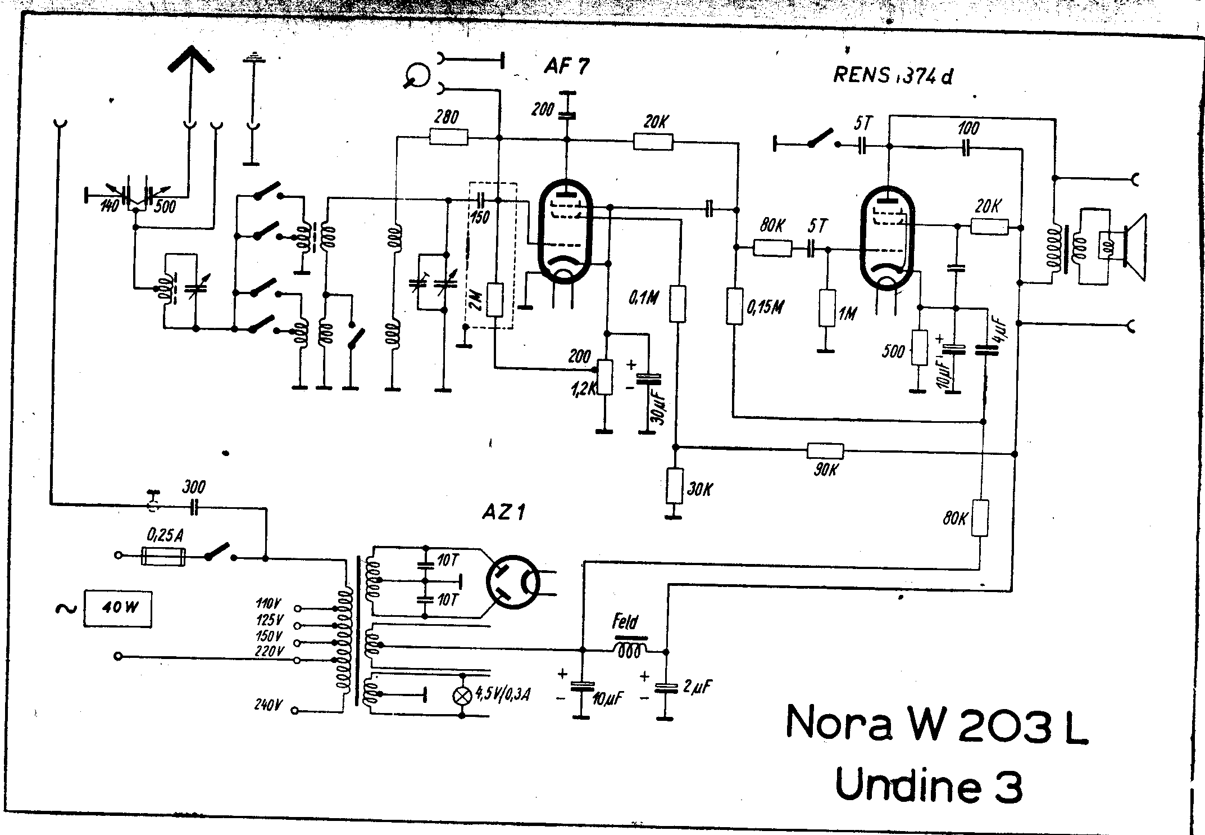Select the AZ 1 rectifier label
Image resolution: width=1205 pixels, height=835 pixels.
(x=504, y=512)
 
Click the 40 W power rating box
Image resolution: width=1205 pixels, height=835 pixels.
(x=118, y=608)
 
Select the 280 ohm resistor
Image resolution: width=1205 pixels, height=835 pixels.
(x=448, y=137)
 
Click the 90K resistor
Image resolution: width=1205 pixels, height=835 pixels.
(x=825, y=451)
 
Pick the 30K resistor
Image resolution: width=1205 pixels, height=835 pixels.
(x=674, y=486)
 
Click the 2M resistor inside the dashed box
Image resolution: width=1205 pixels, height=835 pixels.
(x=494, y=301)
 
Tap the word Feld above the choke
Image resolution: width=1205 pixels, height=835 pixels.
(x=625, y=622)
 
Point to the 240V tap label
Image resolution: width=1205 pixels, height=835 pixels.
(x=268, y=704)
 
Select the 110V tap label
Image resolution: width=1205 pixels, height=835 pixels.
(x=268, y=605)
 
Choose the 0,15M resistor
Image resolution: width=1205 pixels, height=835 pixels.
(x=734, y=306)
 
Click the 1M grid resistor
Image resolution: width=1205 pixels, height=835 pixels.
(x=826, y=308)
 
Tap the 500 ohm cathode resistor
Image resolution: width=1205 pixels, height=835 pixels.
(x=919, y=347)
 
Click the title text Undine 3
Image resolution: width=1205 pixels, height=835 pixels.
(x=928, y=786)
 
